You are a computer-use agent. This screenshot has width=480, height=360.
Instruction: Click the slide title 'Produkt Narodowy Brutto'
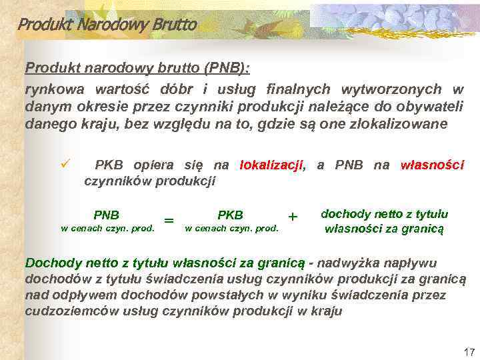(107, 25)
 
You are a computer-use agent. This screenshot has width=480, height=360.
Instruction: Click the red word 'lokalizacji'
(271, 165)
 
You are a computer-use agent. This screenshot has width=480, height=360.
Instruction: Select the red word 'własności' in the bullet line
(431, 165)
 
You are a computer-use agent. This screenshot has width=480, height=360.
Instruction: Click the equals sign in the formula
(169, 221)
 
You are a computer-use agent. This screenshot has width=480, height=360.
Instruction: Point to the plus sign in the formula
(292, 216)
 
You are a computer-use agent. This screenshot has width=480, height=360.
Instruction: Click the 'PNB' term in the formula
(107, 215)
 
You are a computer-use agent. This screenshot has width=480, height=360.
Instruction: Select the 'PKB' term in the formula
(231, 215)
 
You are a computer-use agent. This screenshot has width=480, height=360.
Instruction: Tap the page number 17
(467, 351)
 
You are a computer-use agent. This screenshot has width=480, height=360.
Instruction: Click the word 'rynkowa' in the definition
(49, 89)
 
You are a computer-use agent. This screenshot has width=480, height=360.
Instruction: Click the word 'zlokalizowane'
(395, 124)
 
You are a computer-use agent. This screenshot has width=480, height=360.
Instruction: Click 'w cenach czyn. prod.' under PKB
(231, 229)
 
